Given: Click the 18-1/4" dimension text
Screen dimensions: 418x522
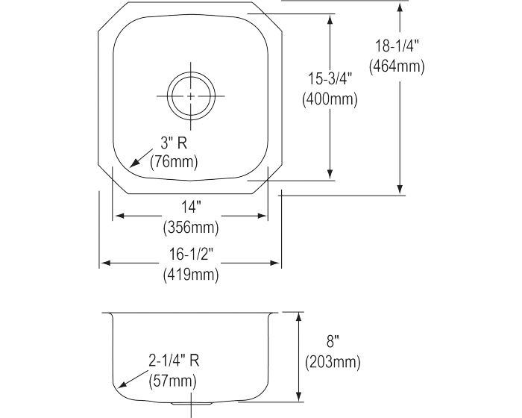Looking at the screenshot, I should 397,46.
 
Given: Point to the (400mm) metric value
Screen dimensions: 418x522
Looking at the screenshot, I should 330,99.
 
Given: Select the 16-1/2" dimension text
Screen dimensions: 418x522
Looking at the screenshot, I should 191,255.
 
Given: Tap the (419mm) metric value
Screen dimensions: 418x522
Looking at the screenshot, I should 191,275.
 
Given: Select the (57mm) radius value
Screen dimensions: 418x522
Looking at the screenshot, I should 173,379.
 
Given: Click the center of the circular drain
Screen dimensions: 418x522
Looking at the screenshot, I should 191,96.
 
